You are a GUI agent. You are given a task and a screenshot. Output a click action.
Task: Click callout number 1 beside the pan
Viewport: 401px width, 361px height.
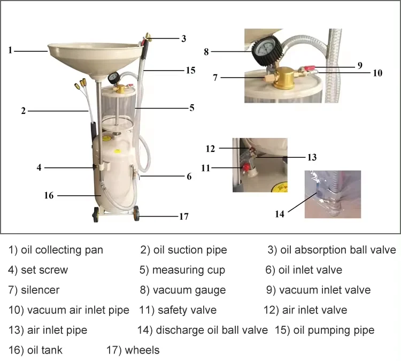click(x=10, y=50)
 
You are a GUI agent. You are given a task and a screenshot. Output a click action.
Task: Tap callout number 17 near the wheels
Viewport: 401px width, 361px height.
click(x=183, y=217)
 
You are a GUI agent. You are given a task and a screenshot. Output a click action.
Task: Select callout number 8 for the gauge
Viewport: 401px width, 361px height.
click(x=206, y=52)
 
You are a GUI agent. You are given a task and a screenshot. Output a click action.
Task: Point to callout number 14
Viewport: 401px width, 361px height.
click(x=279, y=214)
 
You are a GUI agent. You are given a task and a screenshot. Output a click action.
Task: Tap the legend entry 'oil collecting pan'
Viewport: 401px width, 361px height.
click(x=56, y=250)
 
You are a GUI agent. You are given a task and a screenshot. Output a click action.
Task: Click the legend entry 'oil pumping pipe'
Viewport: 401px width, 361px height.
click(x=325, y=330)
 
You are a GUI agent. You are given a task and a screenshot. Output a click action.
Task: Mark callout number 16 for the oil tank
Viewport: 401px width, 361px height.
click(x=49, y=196)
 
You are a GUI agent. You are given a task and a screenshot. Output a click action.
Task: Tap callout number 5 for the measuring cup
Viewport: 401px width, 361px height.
click(x=191, y=107)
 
